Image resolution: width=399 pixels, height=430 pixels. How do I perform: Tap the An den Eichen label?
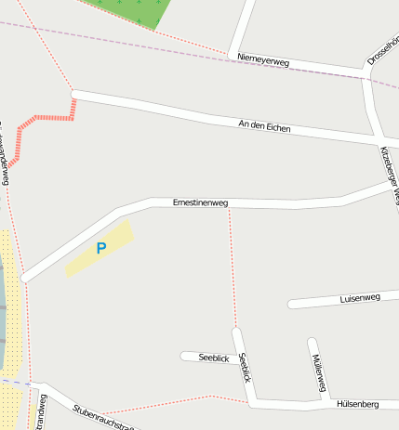click(x=265, y=125)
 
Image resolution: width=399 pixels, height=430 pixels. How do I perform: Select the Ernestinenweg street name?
click(x=200, y=202)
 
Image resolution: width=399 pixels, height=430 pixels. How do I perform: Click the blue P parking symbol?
click(x=101, y=248)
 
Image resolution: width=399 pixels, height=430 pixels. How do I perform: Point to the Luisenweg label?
click(x=361, y=298)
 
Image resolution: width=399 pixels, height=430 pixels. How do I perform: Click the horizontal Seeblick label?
click(x=214, y=358)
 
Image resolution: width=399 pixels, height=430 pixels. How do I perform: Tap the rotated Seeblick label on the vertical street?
click(x=245, y=367)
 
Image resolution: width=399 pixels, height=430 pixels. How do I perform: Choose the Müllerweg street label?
click(x=319, y=371)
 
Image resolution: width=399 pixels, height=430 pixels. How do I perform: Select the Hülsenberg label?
click(x=356, y=405)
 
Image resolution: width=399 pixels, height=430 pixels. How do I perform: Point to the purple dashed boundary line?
click(x=140, y=40)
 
